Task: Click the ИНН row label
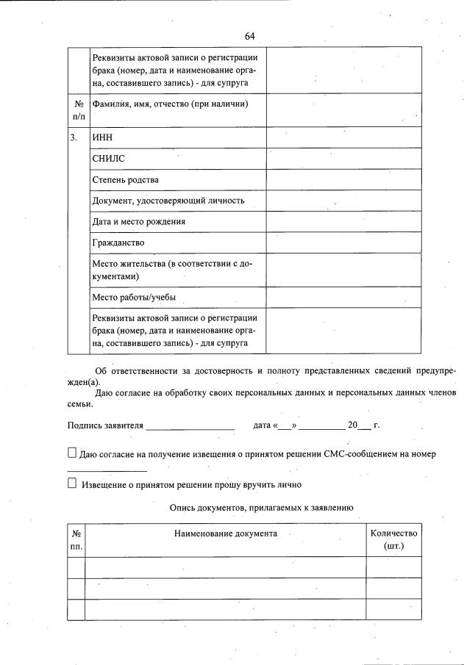[x=102, y=137]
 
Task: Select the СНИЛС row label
[x=108, y=158]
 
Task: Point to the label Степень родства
[x=125, y=179]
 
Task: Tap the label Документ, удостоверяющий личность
[x=168, y=200]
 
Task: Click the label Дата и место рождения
[x=138, y=221]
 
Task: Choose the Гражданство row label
[x=118, y=242]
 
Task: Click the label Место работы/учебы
[x=133, y=298]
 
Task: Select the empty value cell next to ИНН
[x=343, y=137]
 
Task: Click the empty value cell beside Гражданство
[x=343, y=242]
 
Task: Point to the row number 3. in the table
[x=74, y=137]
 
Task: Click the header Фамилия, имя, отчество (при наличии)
[x=169, y=104]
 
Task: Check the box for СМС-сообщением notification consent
[x=72, y=453]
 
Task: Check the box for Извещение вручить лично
[x=72, y=484]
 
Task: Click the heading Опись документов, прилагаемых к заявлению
[x=262, y=507]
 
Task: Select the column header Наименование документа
[x=225, y=533]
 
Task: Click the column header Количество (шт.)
[x=393, y=540]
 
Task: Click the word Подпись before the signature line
[x=84, y=425]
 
